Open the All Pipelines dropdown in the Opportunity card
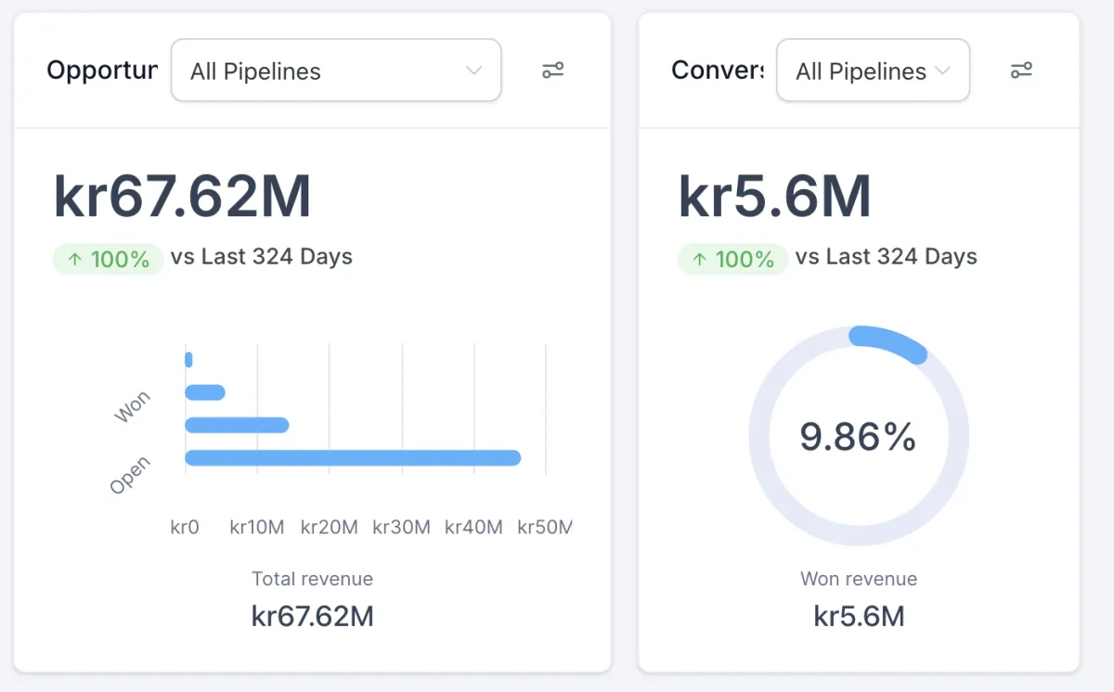(336, 70)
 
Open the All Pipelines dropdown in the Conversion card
(873, 70)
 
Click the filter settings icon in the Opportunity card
(553, 70)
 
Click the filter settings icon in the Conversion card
(1021, 70)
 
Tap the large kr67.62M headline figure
(182, 197)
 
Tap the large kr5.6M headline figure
(774, 197)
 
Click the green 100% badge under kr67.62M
(109, 259)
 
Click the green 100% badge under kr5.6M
(733, 259)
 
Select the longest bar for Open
(353, 457)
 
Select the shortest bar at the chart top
(188, 359)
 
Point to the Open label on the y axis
(130, 475)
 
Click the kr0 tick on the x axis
(185, 527)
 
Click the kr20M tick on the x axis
(329, 527)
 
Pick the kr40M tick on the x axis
(473, 527)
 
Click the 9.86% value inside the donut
(858, 436)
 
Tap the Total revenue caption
(312, 579)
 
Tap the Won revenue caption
(859, 579)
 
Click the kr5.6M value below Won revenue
(859, 616)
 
